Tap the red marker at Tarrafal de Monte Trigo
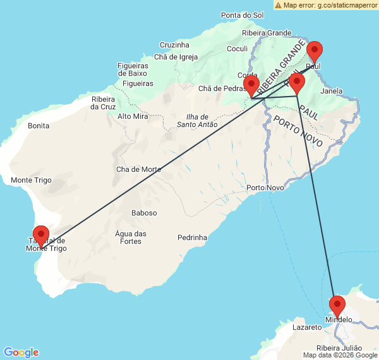coord(41,236)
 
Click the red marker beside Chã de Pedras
coord(251,87)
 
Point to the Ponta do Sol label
coord(243,15)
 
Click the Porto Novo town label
coord(265,188)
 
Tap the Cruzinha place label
coord(174,45)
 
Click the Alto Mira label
coord(133,116)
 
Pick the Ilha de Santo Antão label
coord(197,120)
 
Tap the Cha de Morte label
coord(139,169)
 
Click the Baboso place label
coord(144,213)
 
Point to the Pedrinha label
coord(192,237)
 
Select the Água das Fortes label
coord(131,237)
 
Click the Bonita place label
coord(39,126)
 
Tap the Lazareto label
coord(308,328)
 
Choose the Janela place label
coord(331,91)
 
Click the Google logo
coord(21,352)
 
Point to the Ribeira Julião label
coord(339,348)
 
